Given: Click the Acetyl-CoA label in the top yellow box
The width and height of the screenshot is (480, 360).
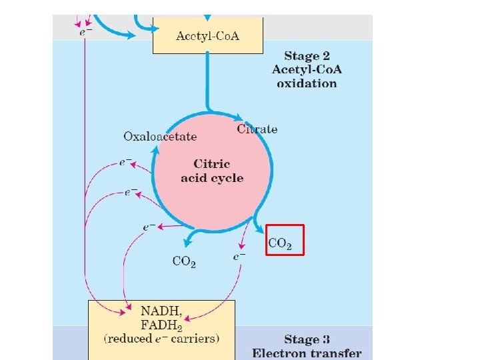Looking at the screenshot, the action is tap(208, 35).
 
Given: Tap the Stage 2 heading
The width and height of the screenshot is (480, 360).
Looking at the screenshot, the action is tap(307, 56).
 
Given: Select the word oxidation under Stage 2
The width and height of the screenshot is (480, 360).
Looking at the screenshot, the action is tap(307, 83).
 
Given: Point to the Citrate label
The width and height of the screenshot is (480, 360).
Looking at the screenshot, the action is tap(257, 129).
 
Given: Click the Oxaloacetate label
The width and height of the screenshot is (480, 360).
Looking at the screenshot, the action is tap(160, 136).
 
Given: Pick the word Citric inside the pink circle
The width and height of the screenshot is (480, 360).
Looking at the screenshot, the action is tap(212, 163).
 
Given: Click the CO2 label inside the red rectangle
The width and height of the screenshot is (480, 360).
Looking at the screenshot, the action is tap(280, 244).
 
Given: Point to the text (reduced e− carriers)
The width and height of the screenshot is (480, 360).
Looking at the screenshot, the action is tap(161, 339).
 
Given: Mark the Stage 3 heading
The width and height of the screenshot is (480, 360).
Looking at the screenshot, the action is tap(307, 339).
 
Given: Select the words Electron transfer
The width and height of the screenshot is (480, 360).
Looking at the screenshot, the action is tap(307, 353).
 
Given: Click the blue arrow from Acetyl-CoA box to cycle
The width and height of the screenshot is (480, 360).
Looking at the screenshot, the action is tap(207, 80).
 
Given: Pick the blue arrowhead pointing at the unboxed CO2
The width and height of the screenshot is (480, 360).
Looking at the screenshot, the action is tap(189, 242).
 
